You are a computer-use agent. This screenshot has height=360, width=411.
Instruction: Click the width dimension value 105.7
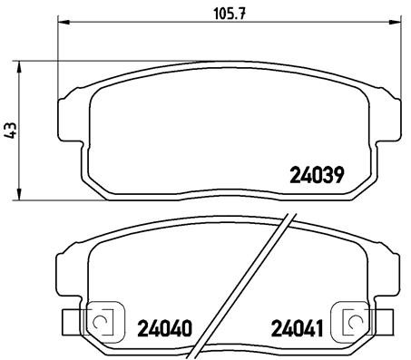point(224,15)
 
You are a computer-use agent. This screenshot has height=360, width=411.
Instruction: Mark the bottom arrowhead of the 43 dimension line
point(20,197)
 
